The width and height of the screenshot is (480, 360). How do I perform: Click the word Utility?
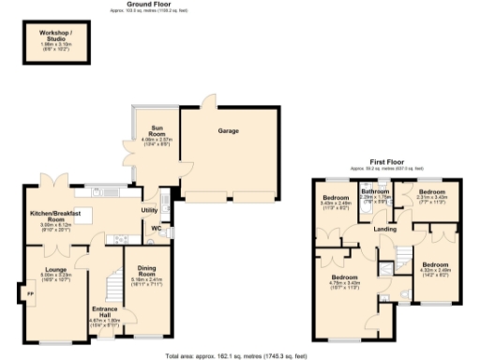click(149, 211)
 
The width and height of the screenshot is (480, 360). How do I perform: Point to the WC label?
click(157, 229)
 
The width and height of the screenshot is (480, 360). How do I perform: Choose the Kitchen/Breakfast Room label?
click(61, 216)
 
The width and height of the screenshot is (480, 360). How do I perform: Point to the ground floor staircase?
click(113, 282)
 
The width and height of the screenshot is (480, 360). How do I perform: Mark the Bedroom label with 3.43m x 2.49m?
click(336, 198)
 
